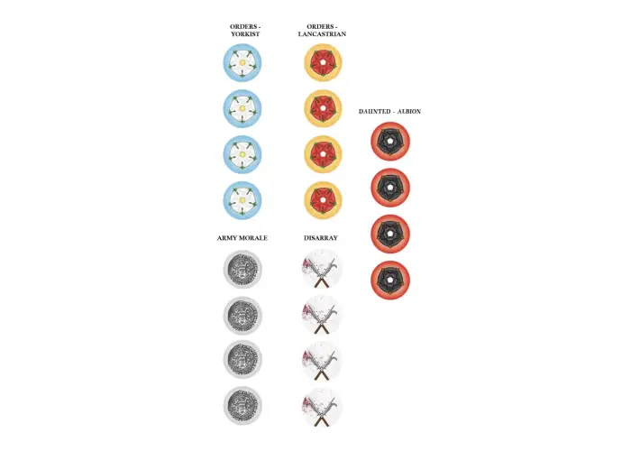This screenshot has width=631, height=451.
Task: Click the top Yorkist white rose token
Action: click(242, 63)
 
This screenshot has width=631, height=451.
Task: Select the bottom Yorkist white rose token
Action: click(242, 200)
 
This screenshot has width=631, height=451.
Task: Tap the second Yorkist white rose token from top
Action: click(242, 109)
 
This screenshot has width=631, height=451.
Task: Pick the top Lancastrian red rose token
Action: click(323, 63)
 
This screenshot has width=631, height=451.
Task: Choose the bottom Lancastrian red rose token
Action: click(323, 200)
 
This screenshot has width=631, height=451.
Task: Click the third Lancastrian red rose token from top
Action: click(323, 154)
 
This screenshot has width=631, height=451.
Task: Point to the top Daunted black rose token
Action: click(390, 142)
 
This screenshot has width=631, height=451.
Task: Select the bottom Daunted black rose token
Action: click(390, 280)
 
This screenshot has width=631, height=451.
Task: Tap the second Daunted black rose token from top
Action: click(390, 188)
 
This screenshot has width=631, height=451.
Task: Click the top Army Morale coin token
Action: click(242, 270)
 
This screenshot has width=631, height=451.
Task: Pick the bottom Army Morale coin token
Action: click(242, 406)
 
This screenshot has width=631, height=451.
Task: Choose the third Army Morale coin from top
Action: click(242, 360)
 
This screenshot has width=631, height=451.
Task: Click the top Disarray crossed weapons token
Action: click(322, 269)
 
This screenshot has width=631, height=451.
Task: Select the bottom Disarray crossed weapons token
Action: click(322, 407)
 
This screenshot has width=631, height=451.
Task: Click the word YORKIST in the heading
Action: click(245, 34)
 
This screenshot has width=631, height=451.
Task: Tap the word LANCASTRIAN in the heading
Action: click(322, 34)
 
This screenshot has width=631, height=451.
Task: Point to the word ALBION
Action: click(409, 112)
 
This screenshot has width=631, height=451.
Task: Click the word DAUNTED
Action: click(375, 112)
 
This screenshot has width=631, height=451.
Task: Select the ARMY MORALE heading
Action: click(242, 238)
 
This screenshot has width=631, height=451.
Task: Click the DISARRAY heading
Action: click(321, 238)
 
